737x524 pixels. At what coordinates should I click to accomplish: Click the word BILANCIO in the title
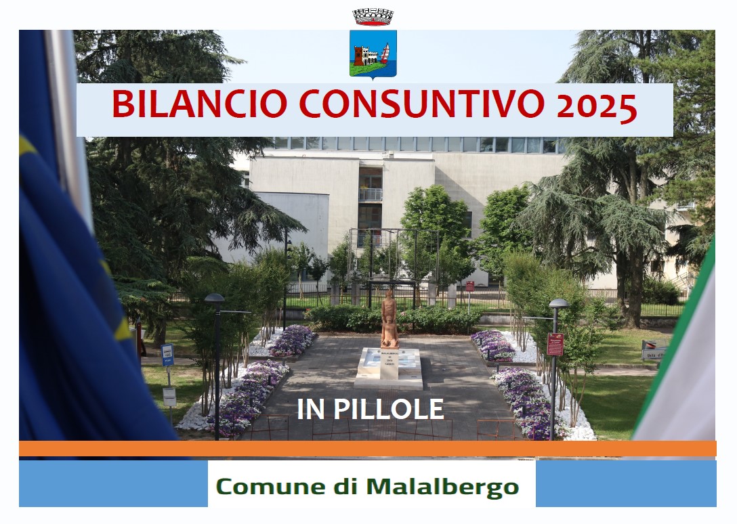199,104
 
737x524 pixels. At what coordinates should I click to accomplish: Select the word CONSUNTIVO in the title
421,104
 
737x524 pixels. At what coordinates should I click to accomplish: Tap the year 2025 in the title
597,107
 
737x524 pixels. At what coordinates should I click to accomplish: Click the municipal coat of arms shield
373,53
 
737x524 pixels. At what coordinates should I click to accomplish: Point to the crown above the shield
373,17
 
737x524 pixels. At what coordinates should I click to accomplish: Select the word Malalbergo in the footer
442,487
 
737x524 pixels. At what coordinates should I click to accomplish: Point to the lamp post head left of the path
214,299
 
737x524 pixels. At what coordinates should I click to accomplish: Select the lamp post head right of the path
559,303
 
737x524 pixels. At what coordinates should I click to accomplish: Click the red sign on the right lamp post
555,344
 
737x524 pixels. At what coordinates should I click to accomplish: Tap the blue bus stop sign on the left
167,355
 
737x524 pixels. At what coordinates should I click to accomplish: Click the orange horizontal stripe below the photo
368,448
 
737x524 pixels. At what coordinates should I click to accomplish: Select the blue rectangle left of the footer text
113,483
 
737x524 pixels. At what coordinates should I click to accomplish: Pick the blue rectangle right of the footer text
626,483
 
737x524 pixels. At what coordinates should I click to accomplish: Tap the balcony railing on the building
371,194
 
